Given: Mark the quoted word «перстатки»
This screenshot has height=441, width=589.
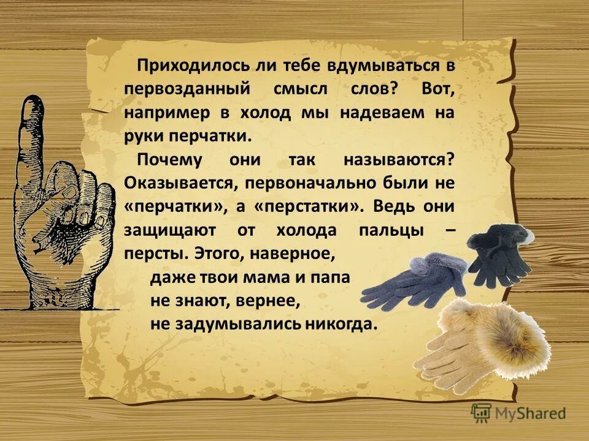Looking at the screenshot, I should (x=309, y=207).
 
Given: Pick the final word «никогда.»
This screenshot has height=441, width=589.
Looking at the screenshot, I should (x=341, y=324).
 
